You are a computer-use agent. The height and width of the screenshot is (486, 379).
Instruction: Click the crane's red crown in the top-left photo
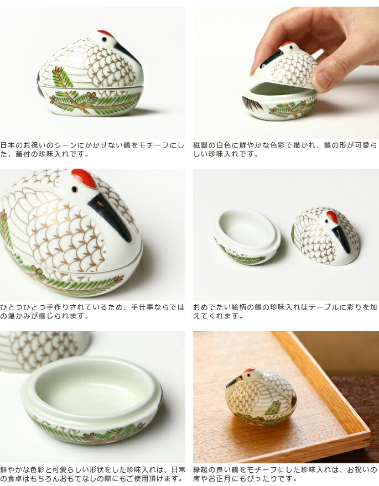click(x=105, y=33)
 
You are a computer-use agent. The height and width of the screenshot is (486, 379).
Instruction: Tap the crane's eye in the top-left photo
click(x=104, y=40)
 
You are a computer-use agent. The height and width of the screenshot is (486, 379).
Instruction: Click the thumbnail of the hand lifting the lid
click(x=285, y=72)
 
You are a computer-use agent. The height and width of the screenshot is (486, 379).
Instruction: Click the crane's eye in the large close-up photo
click(x=75, y=189)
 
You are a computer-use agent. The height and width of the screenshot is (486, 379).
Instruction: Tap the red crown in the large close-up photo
click(x=84, y=178)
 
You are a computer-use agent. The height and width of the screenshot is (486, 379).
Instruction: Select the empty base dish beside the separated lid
click(x=247, y=236)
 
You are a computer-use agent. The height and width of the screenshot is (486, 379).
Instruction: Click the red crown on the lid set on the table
click(x=332, y=216)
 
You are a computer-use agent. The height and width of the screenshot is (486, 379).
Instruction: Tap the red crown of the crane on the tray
click(x=249, y=370)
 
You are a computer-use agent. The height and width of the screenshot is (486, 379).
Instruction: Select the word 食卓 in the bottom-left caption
click(x=15, y=479)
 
